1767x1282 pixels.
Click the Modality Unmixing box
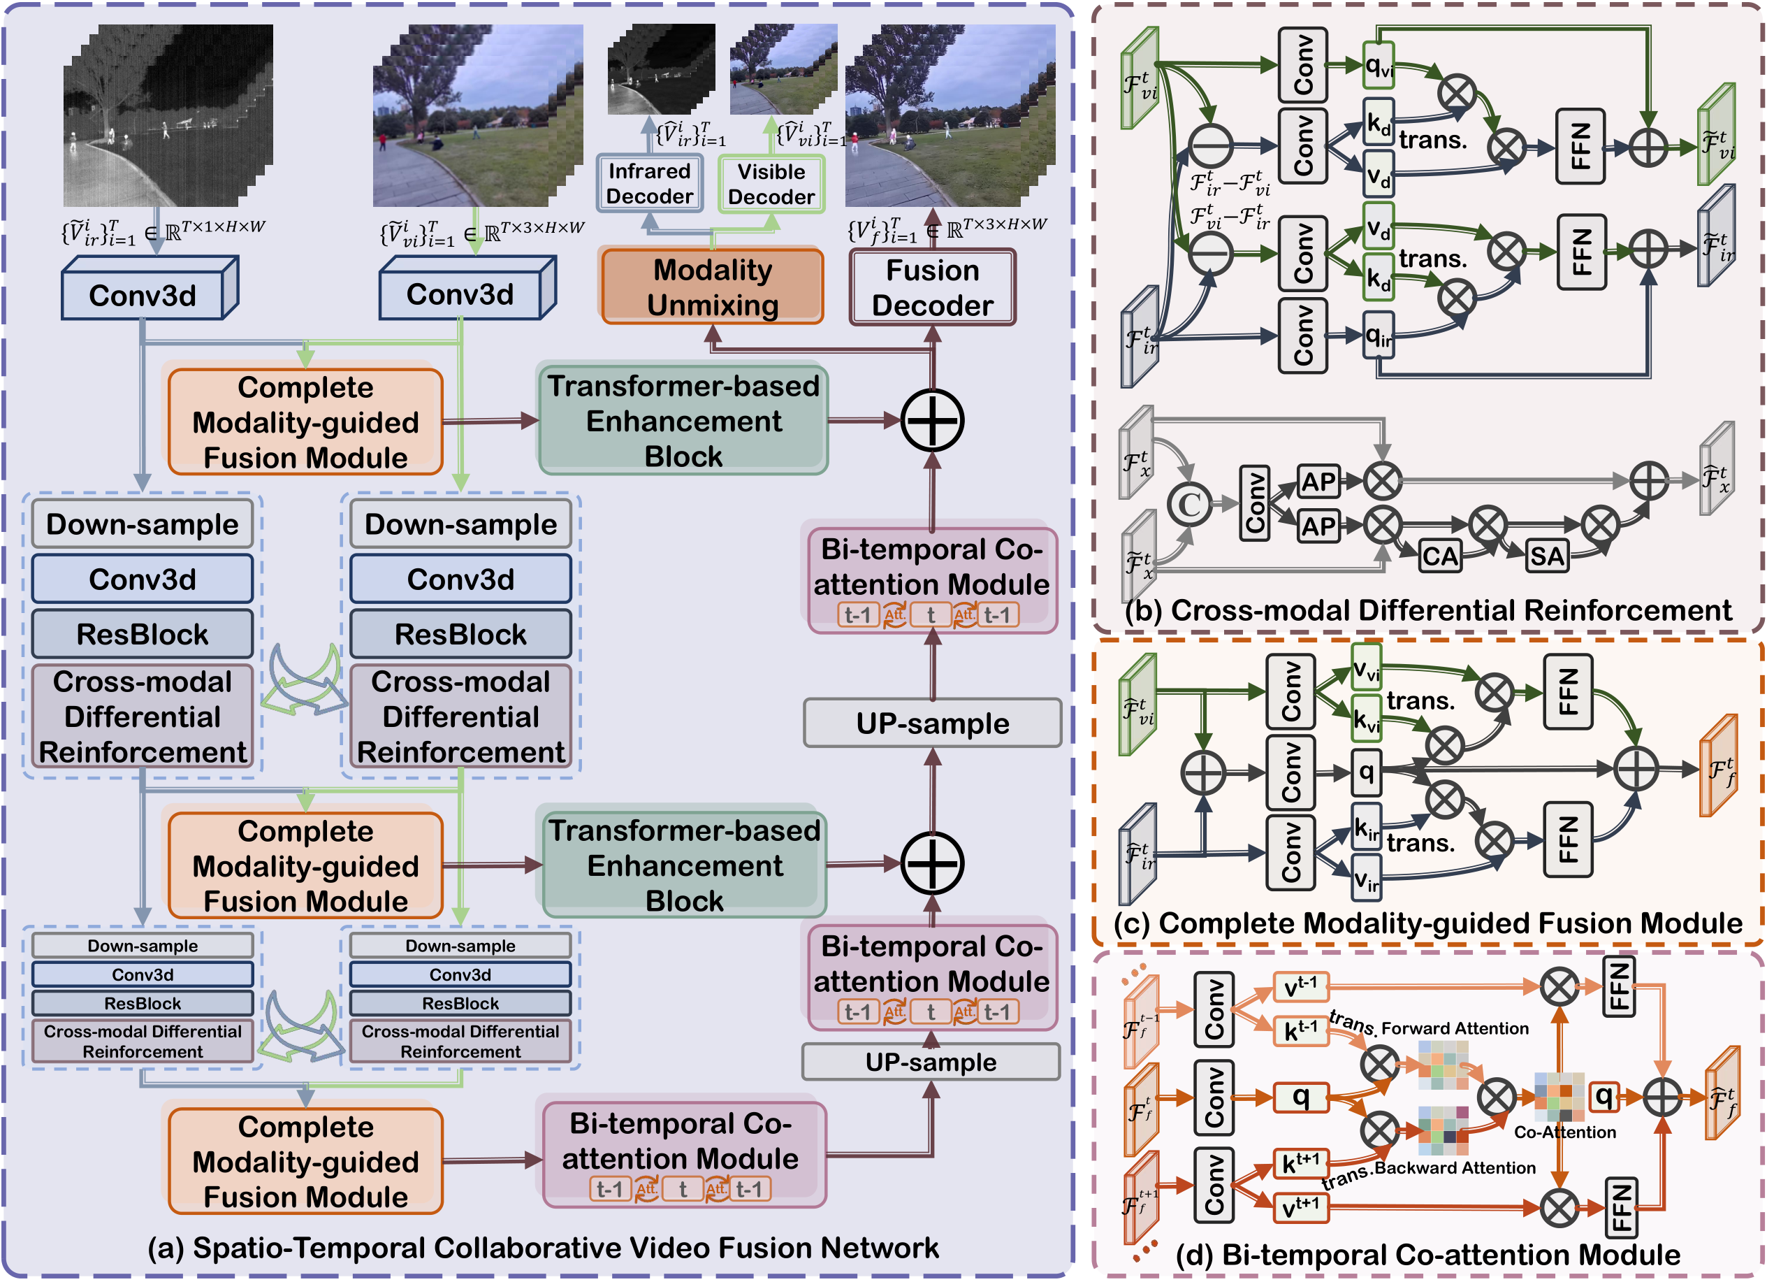point(712,286)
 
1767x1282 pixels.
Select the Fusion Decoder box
point(932,287)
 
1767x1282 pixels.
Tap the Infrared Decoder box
point(649,183)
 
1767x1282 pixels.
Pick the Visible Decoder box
point(771,184)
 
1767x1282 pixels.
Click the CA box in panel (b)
point(1439,556)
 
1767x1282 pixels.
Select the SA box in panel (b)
point(1546,556)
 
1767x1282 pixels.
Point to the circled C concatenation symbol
point(1189,503)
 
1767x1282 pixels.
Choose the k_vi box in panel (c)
point(1366,719)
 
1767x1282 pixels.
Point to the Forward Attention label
point(1455,1029)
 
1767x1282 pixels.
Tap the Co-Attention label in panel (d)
point(1564,1132)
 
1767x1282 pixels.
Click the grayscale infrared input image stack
point(168,117)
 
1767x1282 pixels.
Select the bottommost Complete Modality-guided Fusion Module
point(305,1161)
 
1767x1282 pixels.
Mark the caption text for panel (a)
point(543,1248)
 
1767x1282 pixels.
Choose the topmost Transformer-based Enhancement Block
point(683,421)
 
